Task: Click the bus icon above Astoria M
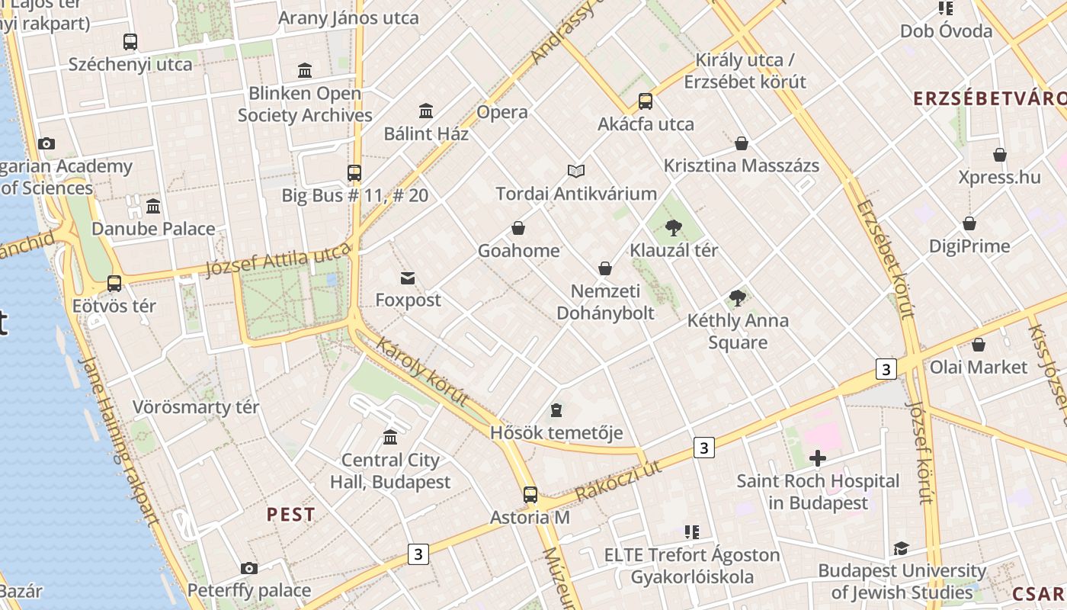point(530,494)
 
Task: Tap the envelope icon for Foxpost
point(408,278)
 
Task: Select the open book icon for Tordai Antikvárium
point(576,172)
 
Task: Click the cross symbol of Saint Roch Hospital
point(817,458)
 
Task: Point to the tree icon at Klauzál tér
point(673,227)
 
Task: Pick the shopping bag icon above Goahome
point(518,228)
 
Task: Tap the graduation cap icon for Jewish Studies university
point(901,549)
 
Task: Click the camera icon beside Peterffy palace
point(249,568)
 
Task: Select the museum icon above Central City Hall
point(390,437)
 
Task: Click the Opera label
point(501,112)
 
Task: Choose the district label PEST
point(290,515)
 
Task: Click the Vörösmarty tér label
point(196,407)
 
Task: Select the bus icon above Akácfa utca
point(646,101)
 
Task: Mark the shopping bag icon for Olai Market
point(979,345)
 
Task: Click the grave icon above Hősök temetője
point(556,411)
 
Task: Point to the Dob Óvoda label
point(946,31)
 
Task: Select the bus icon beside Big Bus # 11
point(354,173)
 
